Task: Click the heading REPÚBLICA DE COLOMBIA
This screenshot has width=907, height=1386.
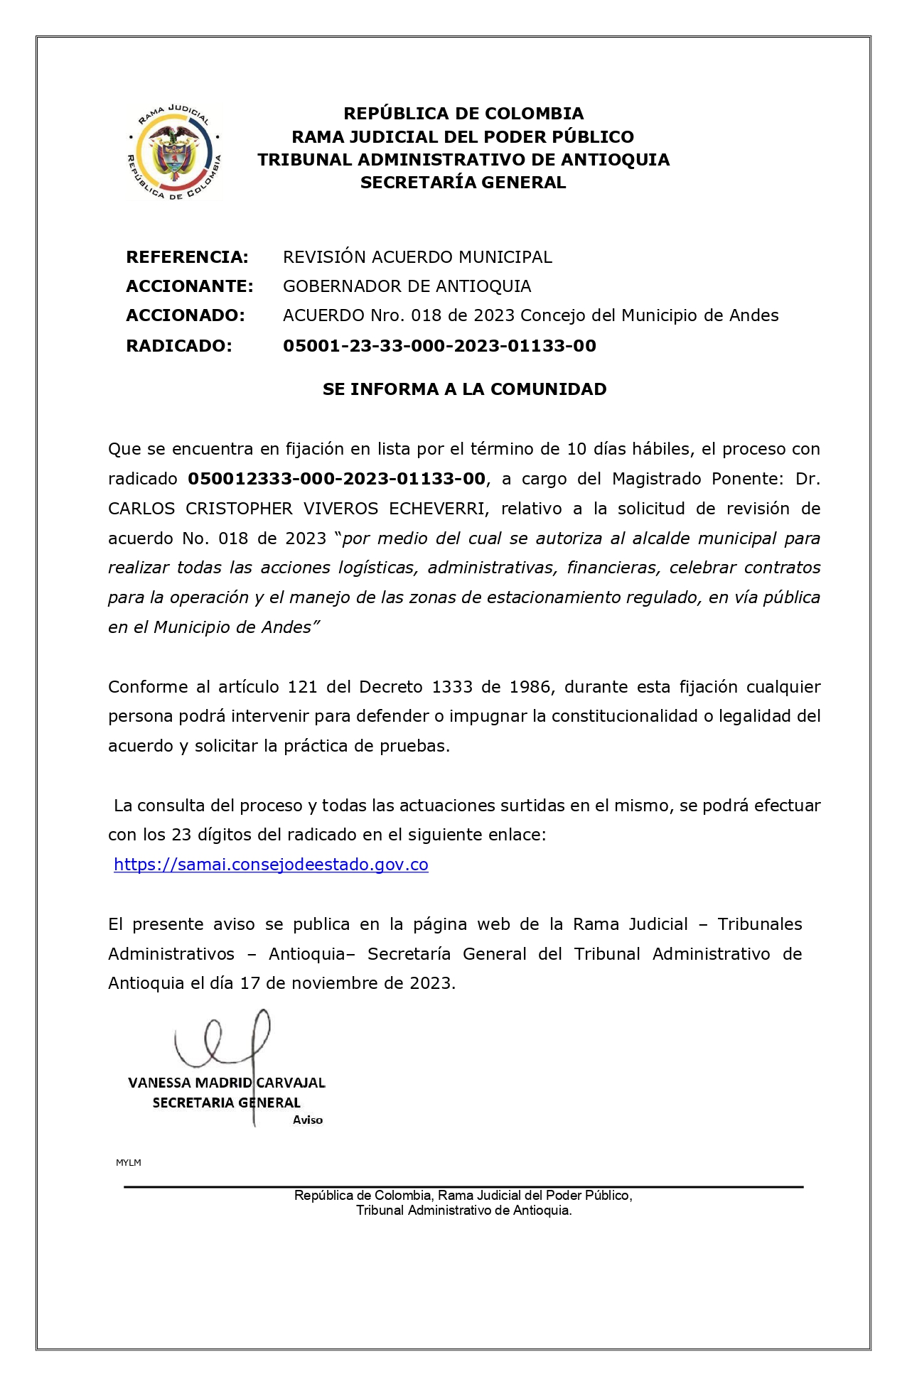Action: point(463,114)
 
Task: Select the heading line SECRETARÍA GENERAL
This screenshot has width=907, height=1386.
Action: point(463,183)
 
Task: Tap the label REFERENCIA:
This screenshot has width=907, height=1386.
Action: point(187,257)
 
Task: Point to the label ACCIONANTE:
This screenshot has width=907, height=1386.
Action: point(189,286)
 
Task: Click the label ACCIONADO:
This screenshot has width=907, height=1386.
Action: point(185,315)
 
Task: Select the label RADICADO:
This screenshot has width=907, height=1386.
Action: point(178,346)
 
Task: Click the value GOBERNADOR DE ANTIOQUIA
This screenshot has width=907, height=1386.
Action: point(407,286)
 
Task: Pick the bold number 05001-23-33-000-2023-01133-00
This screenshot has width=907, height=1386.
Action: point(439,346)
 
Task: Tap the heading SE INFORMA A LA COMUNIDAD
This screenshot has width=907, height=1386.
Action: point(464,389)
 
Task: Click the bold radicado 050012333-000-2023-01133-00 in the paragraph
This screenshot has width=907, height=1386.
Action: point(336,479)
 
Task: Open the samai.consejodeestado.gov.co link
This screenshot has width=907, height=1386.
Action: point(271,865)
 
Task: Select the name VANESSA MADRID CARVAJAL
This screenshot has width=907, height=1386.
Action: point(227,1083)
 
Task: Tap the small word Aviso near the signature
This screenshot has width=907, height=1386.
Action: point(308,1120)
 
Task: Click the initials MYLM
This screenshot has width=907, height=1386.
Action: point(129,1163)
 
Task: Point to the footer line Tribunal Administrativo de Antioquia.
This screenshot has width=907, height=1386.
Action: point(463,1211)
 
